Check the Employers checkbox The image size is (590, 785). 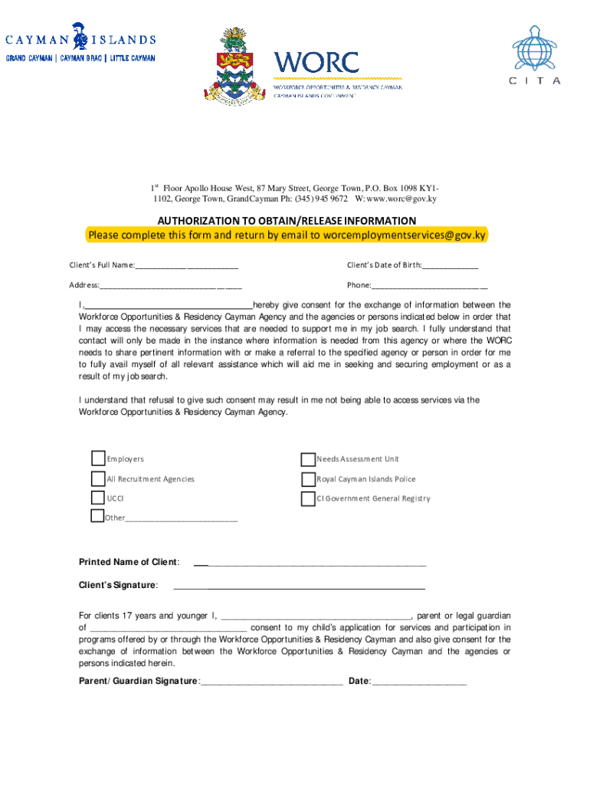point(98,458)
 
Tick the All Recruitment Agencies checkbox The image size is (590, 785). point(98,478)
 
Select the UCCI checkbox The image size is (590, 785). point(98,498)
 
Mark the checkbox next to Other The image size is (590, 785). point(97,516)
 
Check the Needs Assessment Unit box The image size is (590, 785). point(308,459)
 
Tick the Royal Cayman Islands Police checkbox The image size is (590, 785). point(308,479)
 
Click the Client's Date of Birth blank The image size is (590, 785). point(450,265)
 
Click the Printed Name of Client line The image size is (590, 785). point(310,563)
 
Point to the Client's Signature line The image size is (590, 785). point(299,586)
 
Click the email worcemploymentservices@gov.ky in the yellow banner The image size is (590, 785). point(404,235)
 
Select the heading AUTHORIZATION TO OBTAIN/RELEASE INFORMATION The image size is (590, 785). point(287,221)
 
